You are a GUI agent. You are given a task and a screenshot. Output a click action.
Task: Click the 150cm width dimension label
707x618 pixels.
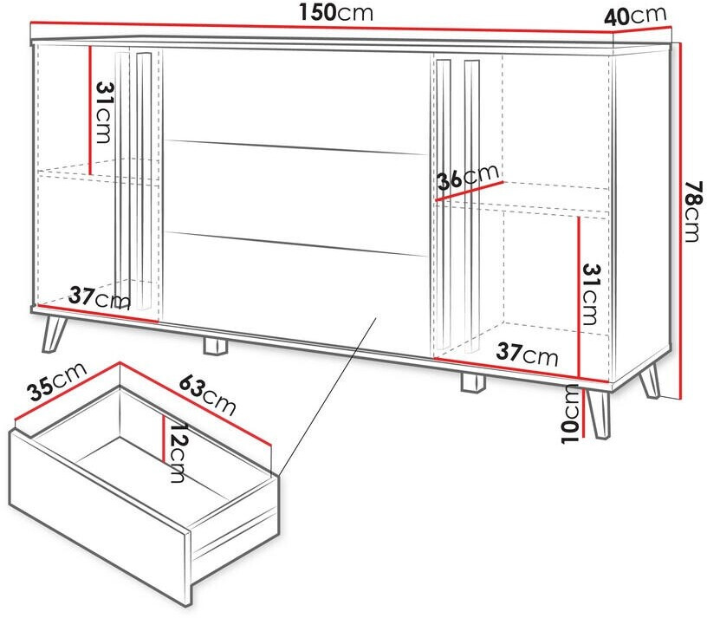click(336, 13)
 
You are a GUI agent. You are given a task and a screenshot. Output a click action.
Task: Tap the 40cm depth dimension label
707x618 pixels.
click(635, 16)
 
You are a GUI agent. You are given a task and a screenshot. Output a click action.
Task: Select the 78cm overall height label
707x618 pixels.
click(693, 211)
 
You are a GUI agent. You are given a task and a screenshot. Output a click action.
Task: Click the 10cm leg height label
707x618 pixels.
click(570, 413)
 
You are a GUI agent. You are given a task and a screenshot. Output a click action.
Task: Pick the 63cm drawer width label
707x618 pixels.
click(207, 395)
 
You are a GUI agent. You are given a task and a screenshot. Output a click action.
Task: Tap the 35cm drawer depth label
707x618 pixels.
click(56, 381)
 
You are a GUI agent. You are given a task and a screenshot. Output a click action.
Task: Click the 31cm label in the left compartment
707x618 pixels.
click(104, 113)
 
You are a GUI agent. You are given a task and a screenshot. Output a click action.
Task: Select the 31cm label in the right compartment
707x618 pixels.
click(592, 295)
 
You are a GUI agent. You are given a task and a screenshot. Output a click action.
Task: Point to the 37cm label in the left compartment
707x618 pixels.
click(100, 298)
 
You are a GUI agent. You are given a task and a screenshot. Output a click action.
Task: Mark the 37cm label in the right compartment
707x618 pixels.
click(527, 354)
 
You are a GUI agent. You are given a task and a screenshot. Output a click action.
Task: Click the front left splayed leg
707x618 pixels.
click(54, 333)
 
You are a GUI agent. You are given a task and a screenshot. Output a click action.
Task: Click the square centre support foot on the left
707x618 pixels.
click(216, 346)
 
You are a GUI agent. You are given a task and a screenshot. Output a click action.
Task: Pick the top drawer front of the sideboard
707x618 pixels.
click(295, 101)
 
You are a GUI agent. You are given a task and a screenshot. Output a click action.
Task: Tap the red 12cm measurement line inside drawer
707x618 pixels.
click(163, 438)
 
